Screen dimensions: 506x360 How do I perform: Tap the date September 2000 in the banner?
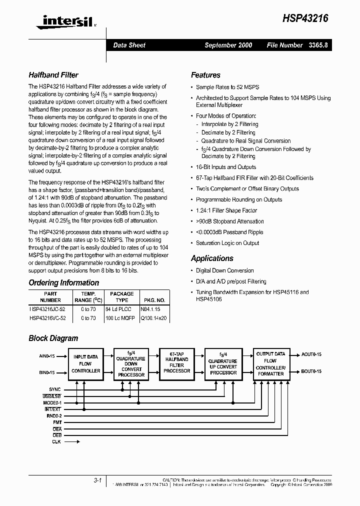click(x=228, y=45)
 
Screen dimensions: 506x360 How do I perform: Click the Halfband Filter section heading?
click(x=53, y=75)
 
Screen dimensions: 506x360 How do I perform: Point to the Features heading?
click(x=205, y=75)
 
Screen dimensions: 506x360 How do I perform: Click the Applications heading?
click(x=212, y=258)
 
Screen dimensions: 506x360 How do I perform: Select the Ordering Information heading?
click(x=63, y=282)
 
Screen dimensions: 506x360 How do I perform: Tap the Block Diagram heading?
click(x=53, y=338)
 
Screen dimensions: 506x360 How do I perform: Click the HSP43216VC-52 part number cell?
click(x=49, y=317)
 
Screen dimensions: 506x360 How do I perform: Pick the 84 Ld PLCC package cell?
click(x=121, y=309)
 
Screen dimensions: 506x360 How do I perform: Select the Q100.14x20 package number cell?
click(x=154, y=317)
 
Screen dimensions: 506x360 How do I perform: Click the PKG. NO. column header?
click(x=154, y=300)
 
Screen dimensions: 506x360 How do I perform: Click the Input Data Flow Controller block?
click(x=86, y=364)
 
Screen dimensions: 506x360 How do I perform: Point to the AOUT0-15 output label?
click(x=311, y=354)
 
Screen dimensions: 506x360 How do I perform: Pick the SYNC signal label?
click(x=54, y=389)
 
